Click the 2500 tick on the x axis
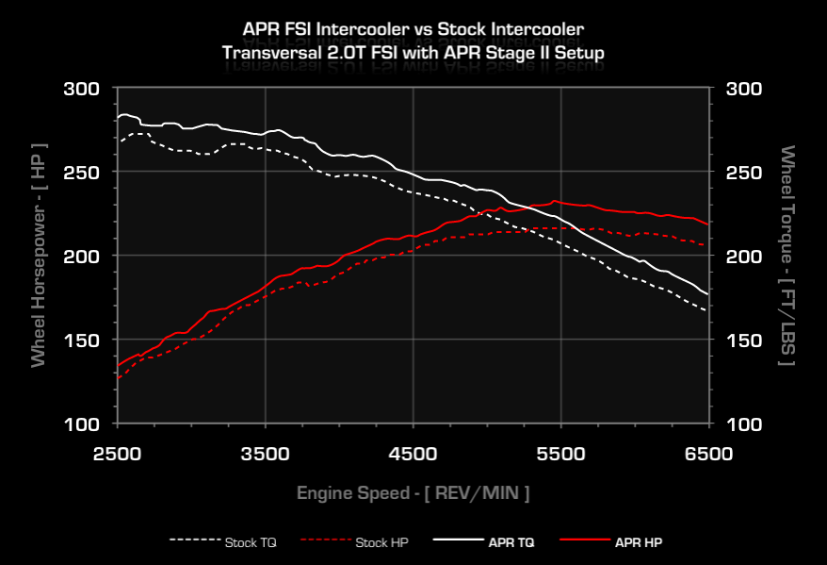tap(117, 454)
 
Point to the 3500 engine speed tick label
tap(265, 454)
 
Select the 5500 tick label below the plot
tap(560, 454)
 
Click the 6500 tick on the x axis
tap(708, 454)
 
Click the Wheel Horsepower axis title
tap(39, 255)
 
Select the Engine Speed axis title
tap(413, 492)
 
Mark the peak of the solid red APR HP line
tap(555, 200)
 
